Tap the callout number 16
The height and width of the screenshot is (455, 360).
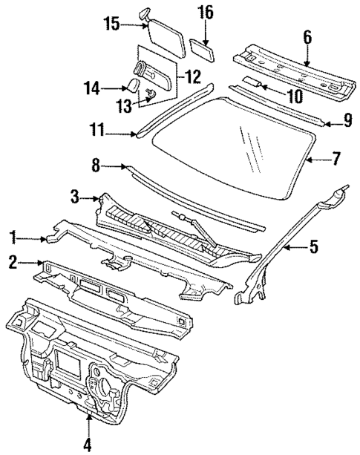coord(205,13)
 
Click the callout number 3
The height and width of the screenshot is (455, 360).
coord(76,197)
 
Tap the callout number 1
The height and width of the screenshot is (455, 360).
coord(12,238)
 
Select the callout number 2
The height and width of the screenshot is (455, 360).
coord(12,262)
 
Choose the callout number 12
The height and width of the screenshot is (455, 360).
coord(193,75)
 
